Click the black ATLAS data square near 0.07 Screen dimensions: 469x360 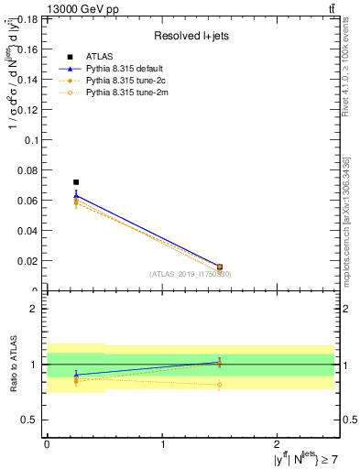click(76, 182)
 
